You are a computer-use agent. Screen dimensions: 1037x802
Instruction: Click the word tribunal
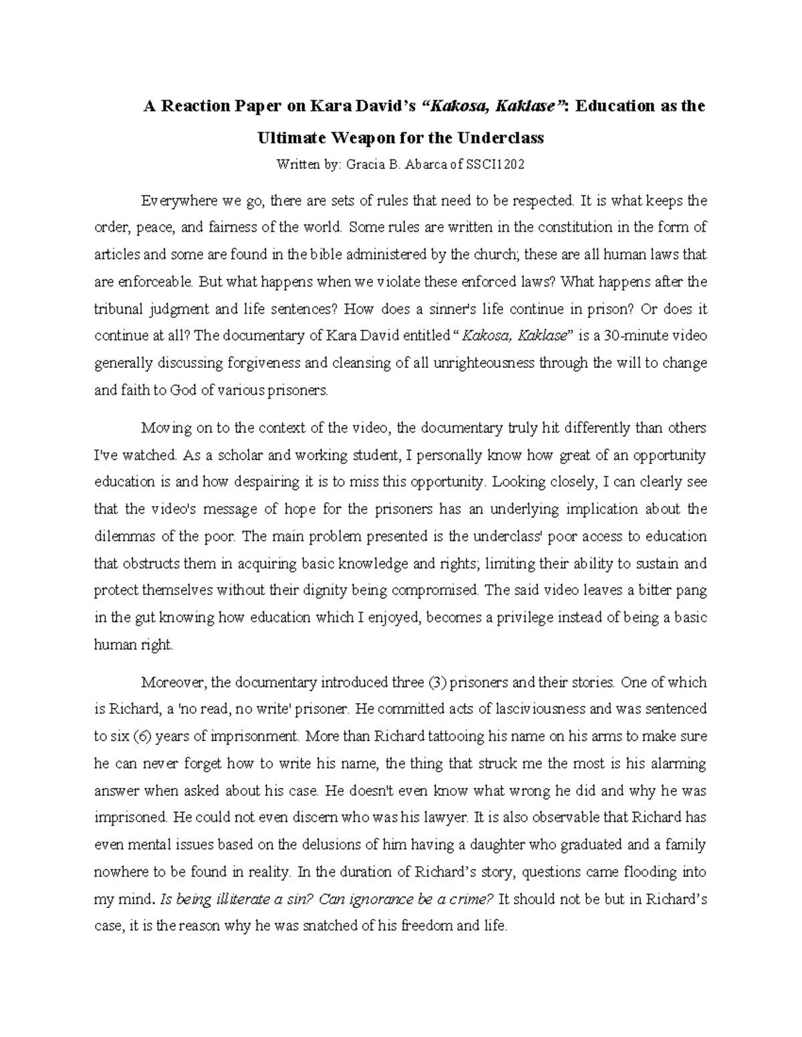[116, 309]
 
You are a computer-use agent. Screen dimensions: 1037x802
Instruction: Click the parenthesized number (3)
[438, 682]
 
